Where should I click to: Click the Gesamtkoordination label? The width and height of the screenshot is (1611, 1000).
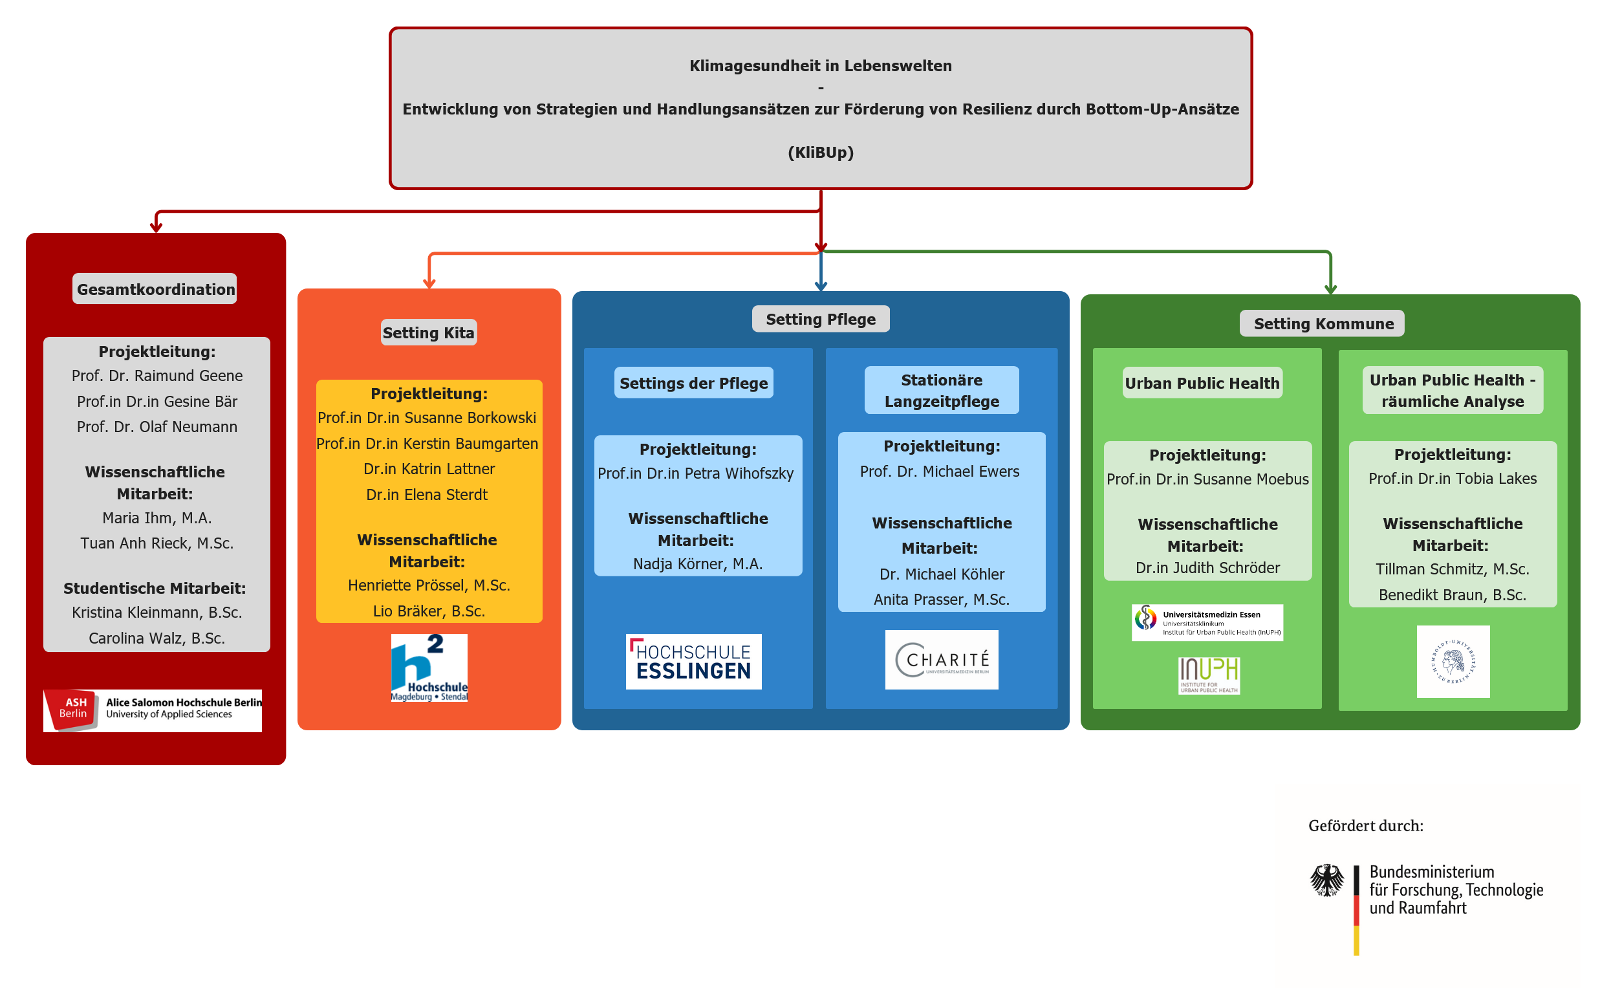155,289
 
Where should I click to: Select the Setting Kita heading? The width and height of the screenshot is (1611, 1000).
428,332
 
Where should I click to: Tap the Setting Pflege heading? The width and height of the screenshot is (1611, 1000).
820,320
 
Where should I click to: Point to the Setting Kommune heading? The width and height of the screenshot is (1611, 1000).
1323,323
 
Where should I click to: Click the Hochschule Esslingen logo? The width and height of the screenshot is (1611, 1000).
693,661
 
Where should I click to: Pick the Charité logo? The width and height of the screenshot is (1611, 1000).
942,659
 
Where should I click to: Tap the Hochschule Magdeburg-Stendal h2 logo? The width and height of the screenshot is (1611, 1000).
429,668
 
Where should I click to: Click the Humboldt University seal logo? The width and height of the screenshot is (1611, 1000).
1453,660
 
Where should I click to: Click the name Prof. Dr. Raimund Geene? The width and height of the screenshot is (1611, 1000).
157,376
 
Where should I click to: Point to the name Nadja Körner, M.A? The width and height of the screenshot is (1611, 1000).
697,563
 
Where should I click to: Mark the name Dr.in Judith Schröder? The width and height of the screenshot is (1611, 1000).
1207,567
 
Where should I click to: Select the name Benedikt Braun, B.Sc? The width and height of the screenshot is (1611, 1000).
1452,594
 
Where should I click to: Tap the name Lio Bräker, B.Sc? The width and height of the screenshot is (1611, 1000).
428,611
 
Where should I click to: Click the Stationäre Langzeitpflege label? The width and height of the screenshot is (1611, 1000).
942,390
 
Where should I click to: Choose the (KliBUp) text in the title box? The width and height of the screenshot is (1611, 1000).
820,152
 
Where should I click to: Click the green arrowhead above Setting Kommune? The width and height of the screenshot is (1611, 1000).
1330,290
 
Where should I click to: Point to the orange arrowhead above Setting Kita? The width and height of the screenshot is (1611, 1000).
429,284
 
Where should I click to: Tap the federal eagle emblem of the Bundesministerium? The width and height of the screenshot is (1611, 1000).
1326,880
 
